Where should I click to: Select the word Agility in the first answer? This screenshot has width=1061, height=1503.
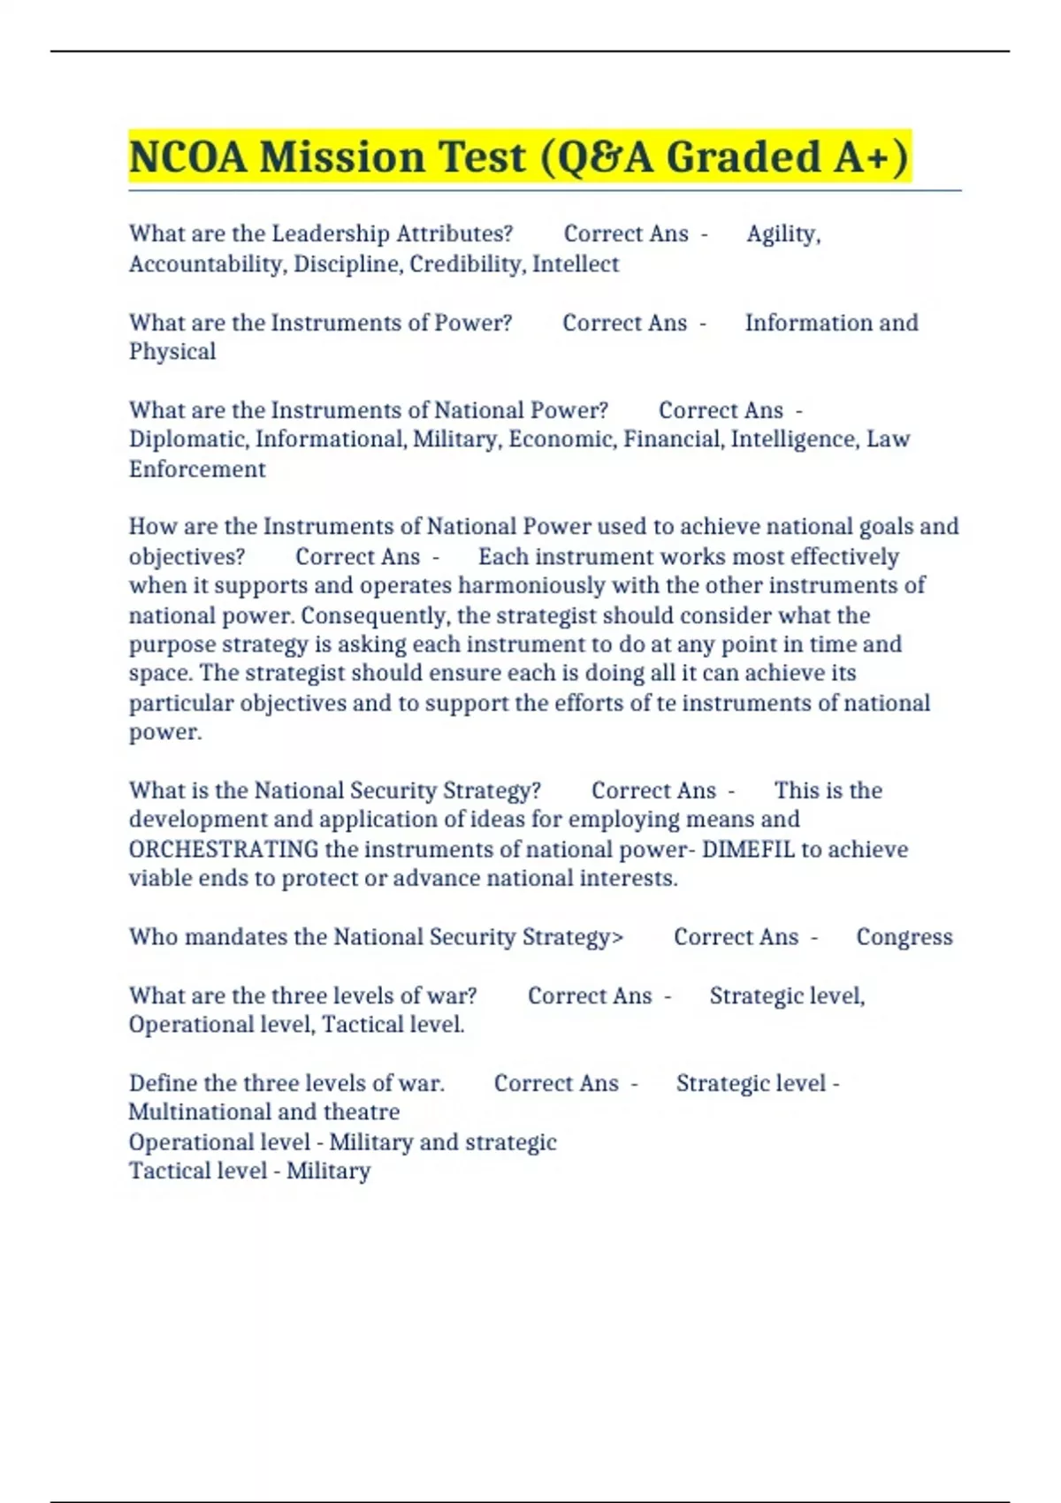(x=782, y=233)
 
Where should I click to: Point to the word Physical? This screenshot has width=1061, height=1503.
(x=172, y=352)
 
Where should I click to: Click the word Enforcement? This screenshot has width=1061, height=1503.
(x=197, y=469)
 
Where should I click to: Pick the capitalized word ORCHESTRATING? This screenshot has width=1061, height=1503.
(x=224, y=849)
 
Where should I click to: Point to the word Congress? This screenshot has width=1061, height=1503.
(x=905, y=937)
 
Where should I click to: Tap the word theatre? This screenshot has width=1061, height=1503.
(x=362, y=1112)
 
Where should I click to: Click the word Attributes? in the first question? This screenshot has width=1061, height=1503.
(x=454, y=233)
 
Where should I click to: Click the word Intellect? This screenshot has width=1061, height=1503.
(x=576, y=263)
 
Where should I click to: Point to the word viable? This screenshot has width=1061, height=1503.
(x=160, y=878)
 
